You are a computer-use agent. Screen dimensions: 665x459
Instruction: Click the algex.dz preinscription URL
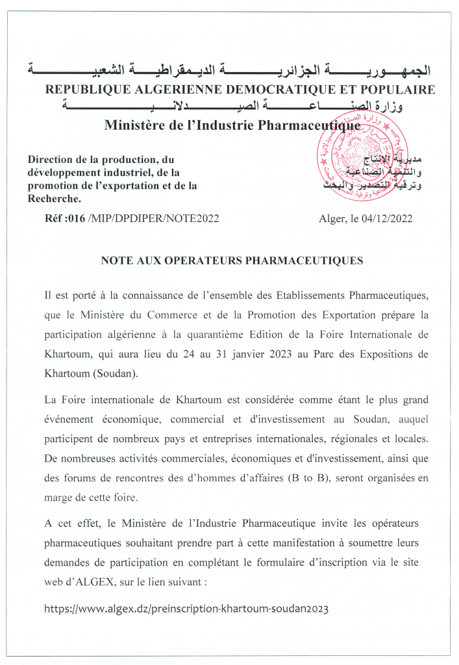(x=186, y=609)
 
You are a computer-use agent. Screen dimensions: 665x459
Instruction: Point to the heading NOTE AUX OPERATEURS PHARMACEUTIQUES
(x=232, y=260)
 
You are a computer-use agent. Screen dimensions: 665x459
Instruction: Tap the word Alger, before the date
(x=333, y=219)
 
